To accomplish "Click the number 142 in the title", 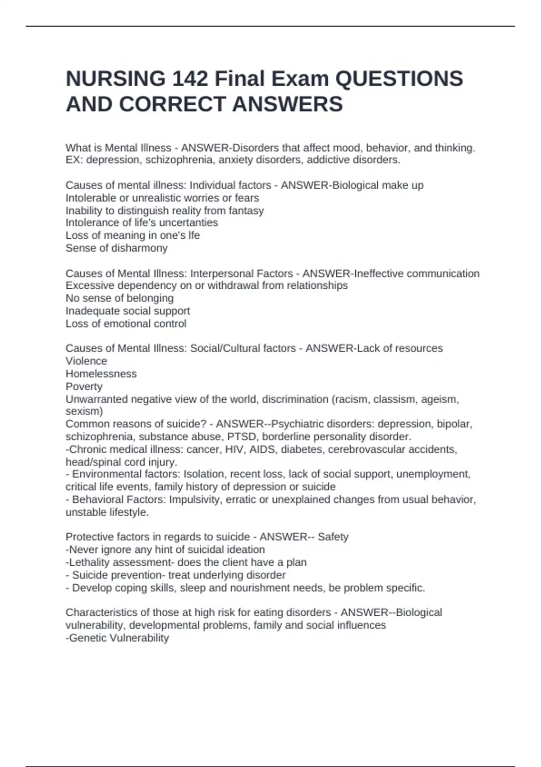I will click(190, 79).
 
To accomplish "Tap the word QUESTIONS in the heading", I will click(399, 79).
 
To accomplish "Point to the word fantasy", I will click(246, 211).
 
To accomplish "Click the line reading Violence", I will click(87, 361).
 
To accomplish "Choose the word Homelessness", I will click(101, 374).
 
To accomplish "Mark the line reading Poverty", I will click(84, 387).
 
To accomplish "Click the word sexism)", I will click(84, 411).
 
